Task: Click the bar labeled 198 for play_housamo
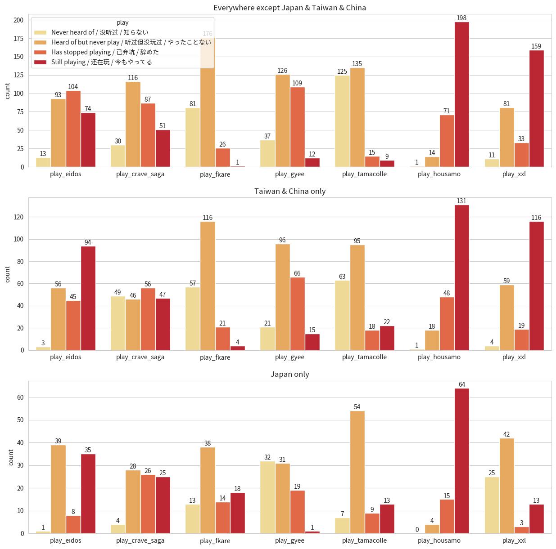462,94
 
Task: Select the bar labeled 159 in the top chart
537,108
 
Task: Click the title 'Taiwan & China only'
290,191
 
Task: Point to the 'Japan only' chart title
290,374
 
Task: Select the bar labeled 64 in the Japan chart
462,461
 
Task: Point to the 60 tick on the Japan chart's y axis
20,397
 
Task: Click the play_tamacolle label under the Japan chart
364,540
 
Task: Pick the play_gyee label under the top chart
289,174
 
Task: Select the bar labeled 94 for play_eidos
88,298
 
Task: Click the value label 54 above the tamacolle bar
357,407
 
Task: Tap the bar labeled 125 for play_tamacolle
342,121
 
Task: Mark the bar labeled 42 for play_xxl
507,486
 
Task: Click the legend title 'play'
122,22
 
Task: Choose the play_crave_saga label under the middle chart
140,357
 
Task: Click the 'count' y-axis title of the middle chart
8,274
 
